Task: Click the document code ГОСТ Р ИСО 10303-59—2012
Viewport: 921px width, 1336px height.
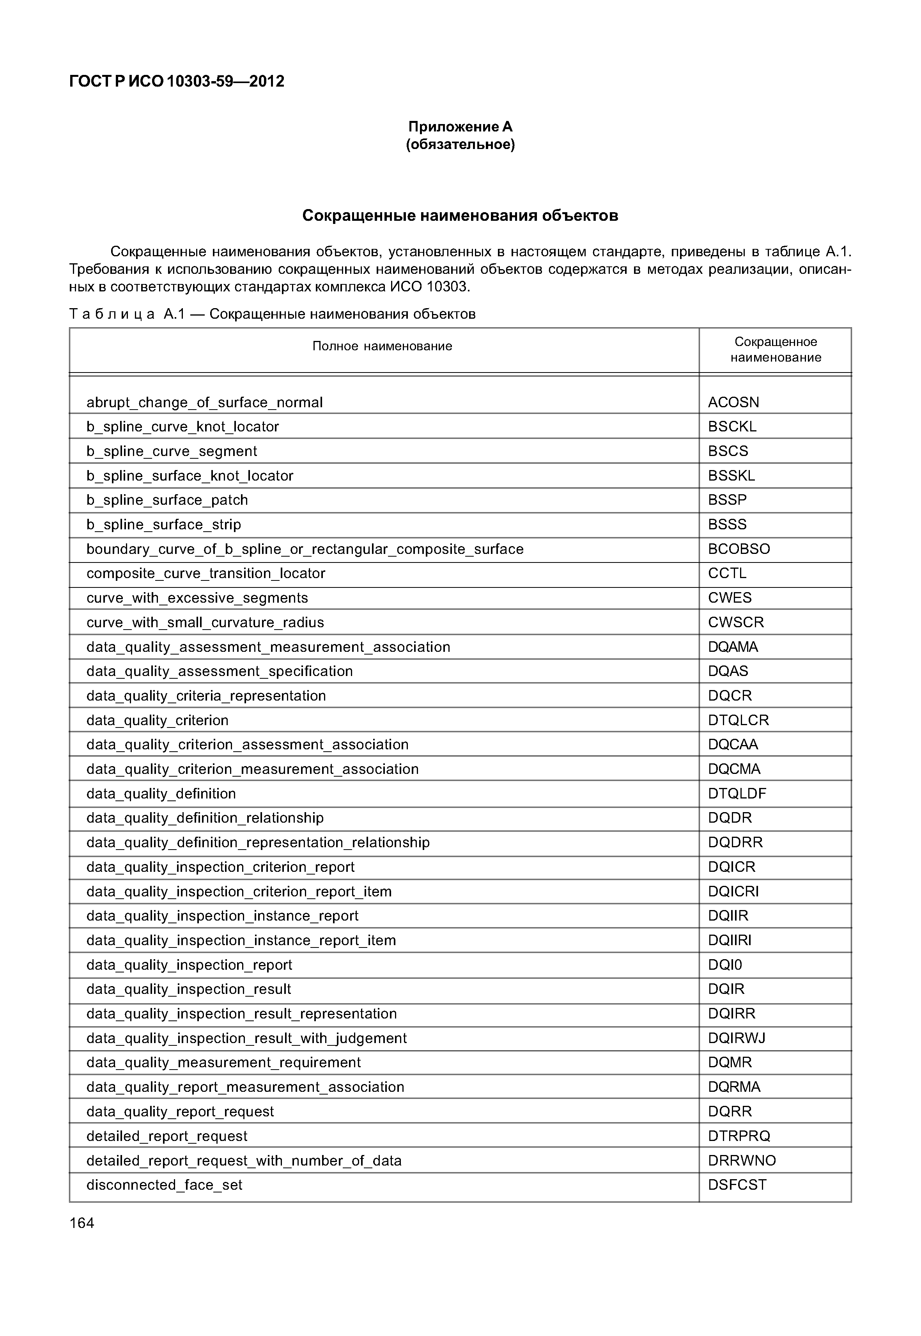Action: [177, 82]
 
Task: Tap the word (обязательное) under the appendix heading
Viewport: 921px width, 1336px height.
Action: [460, 144]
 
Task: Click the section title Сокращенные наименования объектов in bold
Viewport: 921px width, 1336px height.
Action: [460, 216]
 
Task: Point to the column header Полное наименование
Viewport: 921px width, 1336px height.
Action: [382, 346]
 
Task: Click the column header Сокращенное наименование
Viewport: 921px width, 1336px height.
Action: [776, 350]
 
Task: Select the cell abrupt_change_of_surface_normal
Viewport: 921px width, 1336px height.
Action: [204, 403]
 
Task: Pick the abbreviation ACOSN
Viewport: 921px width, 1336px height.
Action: [733, 403]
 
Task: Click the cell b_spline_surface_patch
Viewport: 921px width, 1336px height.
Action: [167, 500]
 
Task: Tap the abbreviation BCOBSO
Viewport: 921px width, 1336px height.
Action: [739, 549]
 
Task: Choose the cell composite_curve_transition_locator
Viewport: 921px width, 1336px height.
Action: [205, 573]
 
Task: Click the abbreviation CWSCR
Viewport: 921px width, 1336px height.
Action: [736, 623]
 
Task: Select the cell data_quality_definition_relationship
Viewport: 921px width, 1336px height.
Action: [205, 818]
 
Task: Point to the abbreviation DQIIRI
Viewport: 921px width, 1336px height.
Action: [730, 940]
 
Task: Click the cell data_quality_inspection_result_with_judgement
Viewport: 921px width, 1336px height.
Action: [246, 1039]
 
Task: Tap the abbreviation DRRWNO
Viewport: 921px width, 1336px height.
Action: [742, 1161]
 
